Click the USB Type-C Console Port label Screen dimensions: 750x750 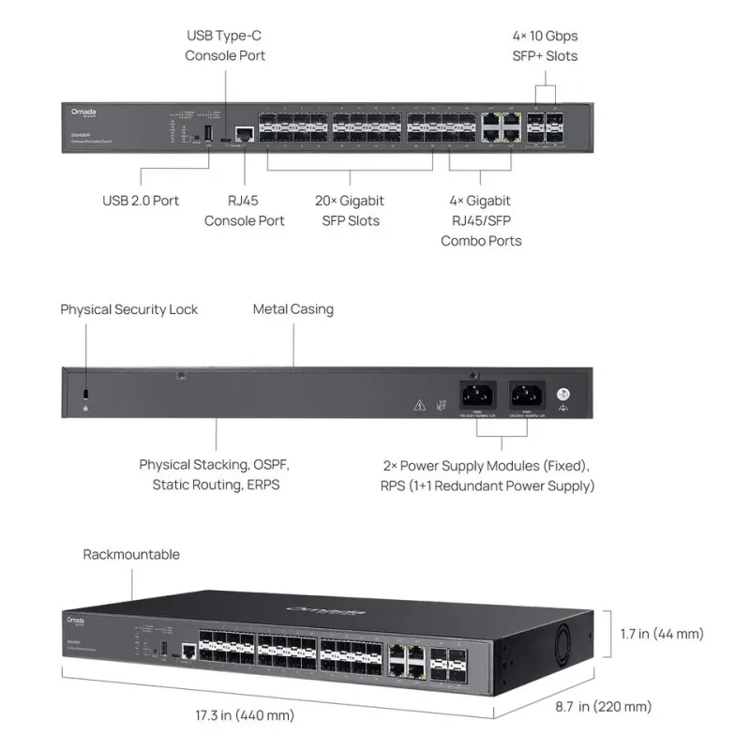tap(225, 46)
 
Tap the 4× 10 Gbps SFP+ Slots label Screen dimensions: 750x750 tap(545, 46)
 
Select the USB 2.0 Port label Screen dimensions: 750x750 tap(141, 200)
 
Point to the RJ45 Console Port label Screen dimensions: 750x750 tap(245, 210)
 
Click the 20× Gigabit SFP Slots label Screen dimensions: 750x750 tap(349, 210)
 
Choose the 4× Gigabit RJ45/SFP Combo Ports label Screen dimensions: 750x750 tap(481, 220)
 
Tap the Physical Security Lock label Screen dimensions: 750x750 tap(129, 309)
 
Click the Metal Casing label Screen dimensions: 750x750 tap(293, 308)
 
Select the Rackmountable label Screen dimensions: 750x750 tap(131, 554)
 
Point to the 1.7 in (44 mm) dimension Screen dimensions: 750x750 tap(662, 634)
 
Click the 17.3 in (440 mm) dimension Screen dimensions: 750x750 tap(245, 715)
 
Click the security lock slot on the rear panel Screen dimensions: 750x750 tap(86, 392)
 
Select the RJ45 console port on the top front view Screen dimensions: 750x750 tap(245, 134)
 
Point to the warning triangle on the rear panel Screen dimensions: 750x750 tap(419, 406)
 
